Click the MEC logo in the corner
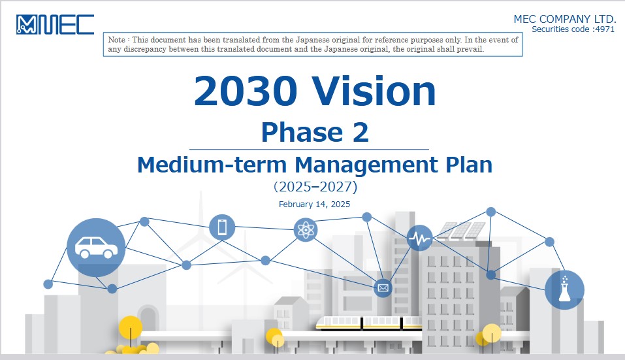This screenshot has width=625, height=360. point(55,25)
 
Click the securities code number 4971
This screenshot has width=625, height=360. point(604,29)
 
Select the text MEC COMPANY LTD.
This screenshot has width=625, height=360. point(564,19)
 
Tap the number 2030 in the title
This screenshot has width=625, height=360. point(246,91)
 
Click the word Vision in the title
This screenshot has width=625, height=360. point(374,91)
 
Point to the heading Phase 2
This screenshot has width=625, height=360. point(315,132)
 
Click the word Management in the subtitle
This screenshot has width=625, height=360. point(366,165)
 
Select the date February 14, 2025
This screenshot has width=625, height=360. point(315,204)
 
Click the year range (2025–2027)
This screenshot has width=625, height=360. point(315,187)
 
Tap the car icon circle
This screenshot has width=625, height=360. point(96,248)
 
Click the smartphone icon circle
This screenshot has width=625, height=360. point(222,227)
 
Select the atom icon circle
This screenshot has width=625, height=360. point(306,230)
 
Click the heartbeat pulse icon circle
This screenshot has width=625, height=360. point(419,238)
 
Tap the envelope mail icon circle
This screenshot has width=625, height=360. point(383,288)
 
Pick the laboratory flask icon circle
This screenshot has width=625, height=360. point(564,290)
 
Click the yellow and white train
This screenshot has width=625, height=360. point(369,323)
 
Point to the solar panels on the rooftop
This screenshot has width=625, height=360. point(462,231)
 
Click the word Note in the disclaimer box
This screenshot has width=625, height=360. point(116,40)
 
